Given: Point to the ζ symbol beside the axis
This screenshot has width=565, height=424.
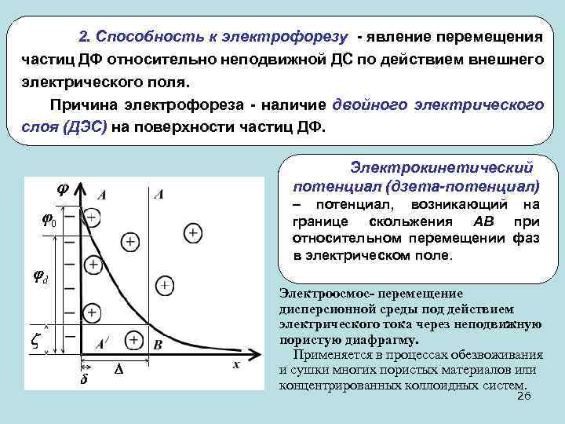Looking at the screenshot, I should pyautogui.click(x=35, y=339).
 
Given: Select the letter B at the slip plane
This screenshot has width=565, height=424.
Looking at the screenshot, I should pyautogui.click(x=159, y=344).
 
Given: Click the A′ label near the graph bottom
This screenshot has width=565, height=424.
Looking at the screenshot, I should pyautogui.click(x=102, y=344).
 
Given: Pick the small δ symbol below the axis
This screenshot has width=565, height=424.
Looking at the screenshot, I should pyautogui.click(x=84, y=380).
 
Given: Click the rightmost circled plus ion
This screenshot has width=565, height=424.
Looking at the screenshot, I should pyautogui.click(x=191, y=232).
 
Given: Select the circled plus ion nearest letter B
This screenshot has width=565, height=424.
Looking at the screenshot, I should pyautogui.click(x=133, y=340).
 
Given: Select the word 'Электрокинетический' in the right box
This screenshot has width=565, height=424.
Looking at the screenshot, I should pyautogui.click(x=442, y=168).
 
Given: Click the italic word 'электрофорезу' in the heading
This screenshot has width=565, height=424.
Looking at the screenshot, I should pyautogui.click(x=295, y=37).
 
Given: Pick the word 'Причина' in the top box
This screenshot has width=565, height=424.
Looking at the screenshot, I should pyautogui.click(x=79, y=104).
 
